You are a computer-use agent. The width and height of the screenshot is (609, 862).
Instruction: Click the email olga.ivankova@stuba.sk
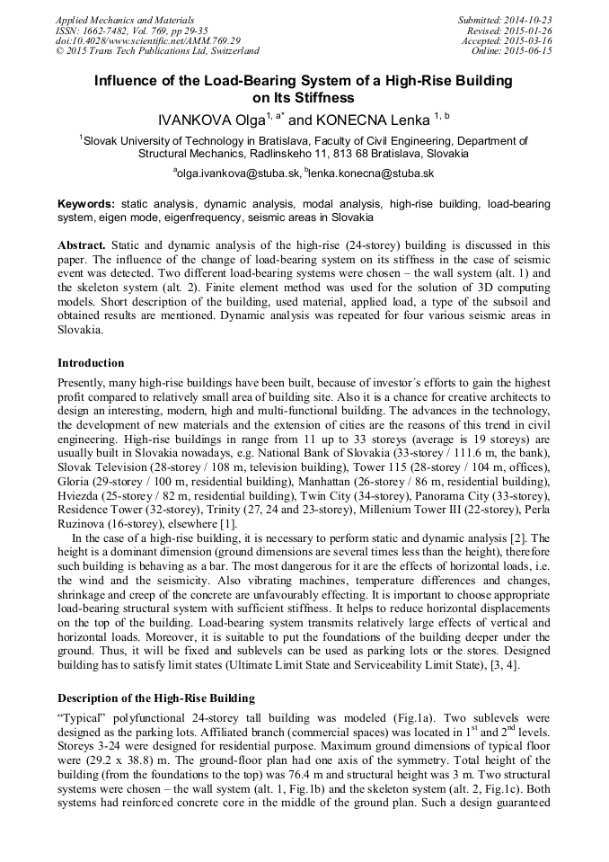(x=239, y=173)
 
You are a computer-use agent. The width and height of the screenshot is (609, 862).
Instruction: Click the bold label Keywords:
(x=86, y=204)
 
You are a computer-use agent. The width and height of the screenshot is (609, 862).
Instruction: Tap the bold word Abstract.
(x=83, y=244)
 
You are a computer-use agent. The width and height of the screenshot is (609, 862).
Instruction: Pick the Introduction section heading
(x=91, y=363)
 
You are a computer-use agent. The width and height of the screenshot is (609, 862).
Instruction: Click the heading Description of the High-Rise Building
(x=156, y=698)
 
